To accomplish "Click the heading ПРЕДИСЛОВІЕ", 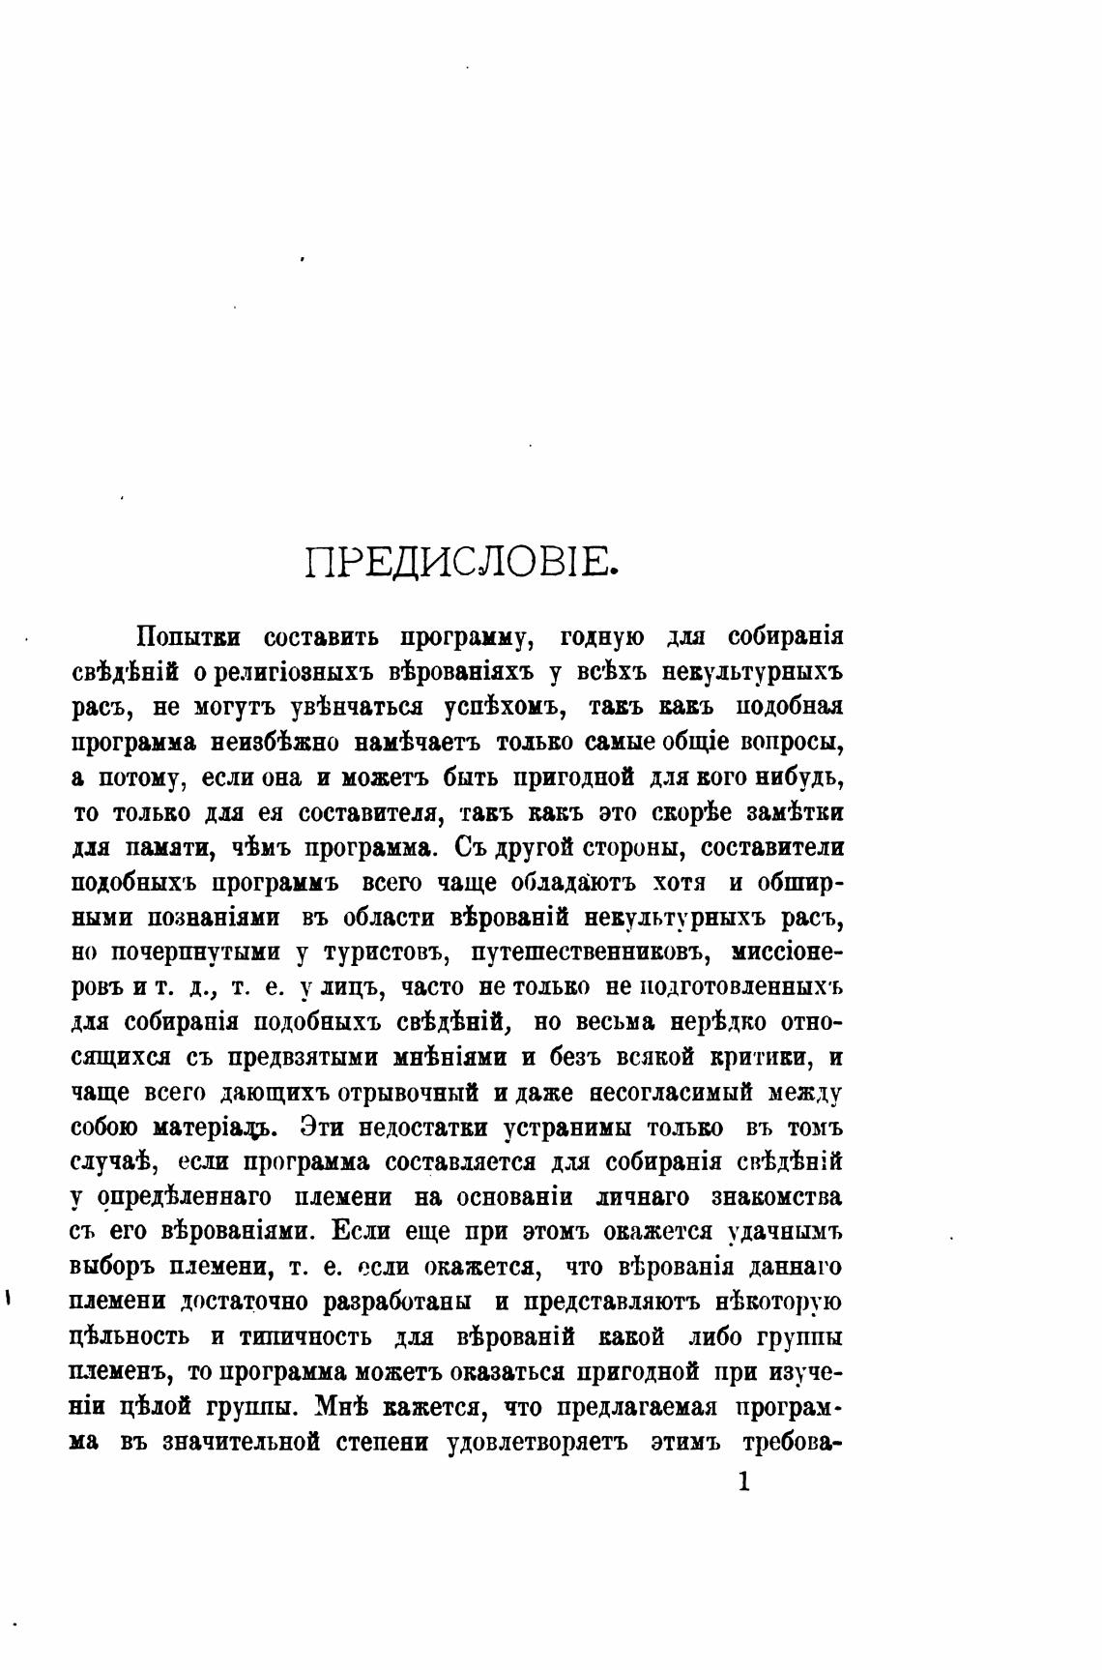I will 461,562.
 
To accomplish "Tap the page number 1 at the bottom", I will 742,1481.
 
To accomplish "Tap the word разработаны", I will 396,1302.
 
